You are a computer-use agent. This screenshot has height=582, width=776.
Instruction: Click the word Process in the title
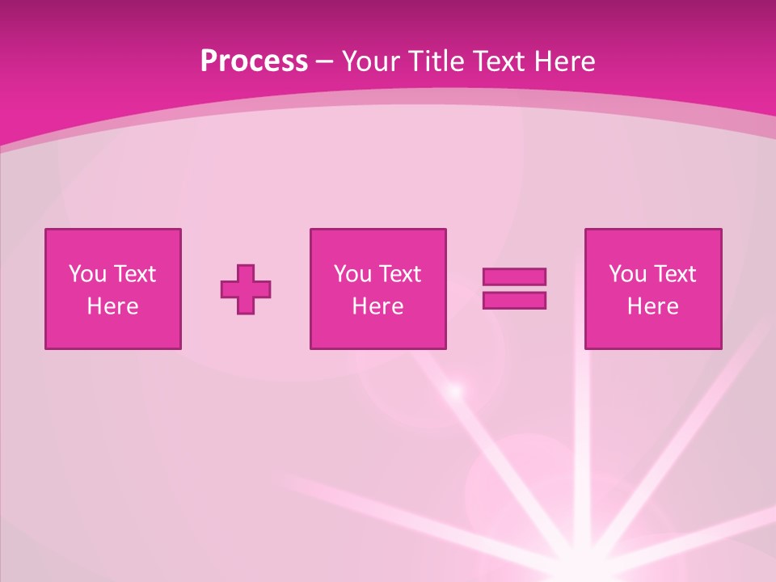(x=254, y=61)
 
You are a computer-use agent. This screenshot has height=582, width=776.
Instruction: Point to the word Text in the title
(x=500, y=61)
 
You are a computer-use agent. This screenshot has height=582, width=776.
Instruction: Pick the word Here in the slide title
(x=565, y=61)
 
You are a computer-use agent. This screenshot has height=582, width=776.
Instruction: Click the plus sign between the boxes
(x=246, y=289)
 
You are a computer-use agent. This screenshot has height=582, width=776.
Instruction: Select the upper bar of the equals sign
(x=514, y=276)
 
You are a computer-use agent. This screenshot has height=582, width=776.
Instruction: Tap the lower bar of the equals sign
(x=514, y=300)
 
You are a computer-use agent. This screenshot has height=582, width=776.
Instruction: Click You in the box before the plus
(x=87, y=274)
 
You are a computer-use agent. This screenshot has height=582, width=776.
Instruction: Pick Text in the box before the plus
(x=133, y=274)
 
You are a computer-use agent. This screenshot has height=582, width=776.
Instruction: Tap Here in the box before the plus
(x=112, y=306)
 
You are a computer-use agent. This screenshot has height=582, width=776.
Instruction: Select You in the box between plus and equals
(x=352, y=274)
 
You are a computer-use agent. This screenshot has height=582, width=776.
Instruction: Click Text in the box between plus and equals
(x=399, y=274)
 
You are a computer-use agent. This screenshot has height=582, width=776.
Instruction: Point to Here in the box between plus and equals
(x=377, y=306)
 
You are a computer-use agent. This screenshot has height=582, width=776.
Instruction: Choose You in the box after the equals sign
(x=627, y=274)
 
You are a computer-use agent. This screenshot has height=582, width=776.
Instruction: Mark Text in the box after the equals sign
(x=673, y=274)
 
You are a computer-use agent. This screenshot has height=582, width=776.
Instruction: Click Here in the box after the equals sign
(x=652, y=306)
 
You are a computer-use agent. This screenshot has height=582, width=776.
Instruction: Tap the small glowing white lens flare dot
(x=455, y=391)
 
